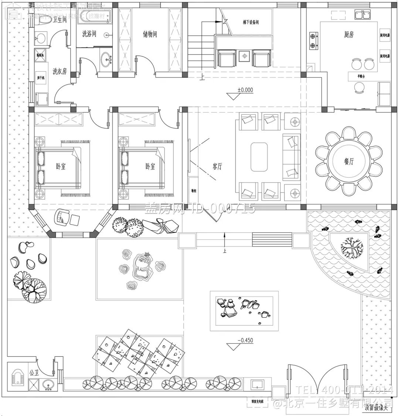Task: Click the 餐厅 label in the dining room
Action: (x=348, y=162)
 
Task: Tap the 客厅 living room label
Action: (x=217, y=166)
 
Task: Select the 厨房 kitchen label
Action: (x=348, y=35)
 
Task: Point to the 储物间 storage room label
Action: (x=150, y=34)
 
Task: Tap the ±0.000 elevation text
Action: (x=245, y=90)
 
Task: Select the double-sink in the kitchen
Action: (x=363, y=15)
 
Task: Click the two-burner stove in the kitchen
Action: (x=313, y=41)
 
